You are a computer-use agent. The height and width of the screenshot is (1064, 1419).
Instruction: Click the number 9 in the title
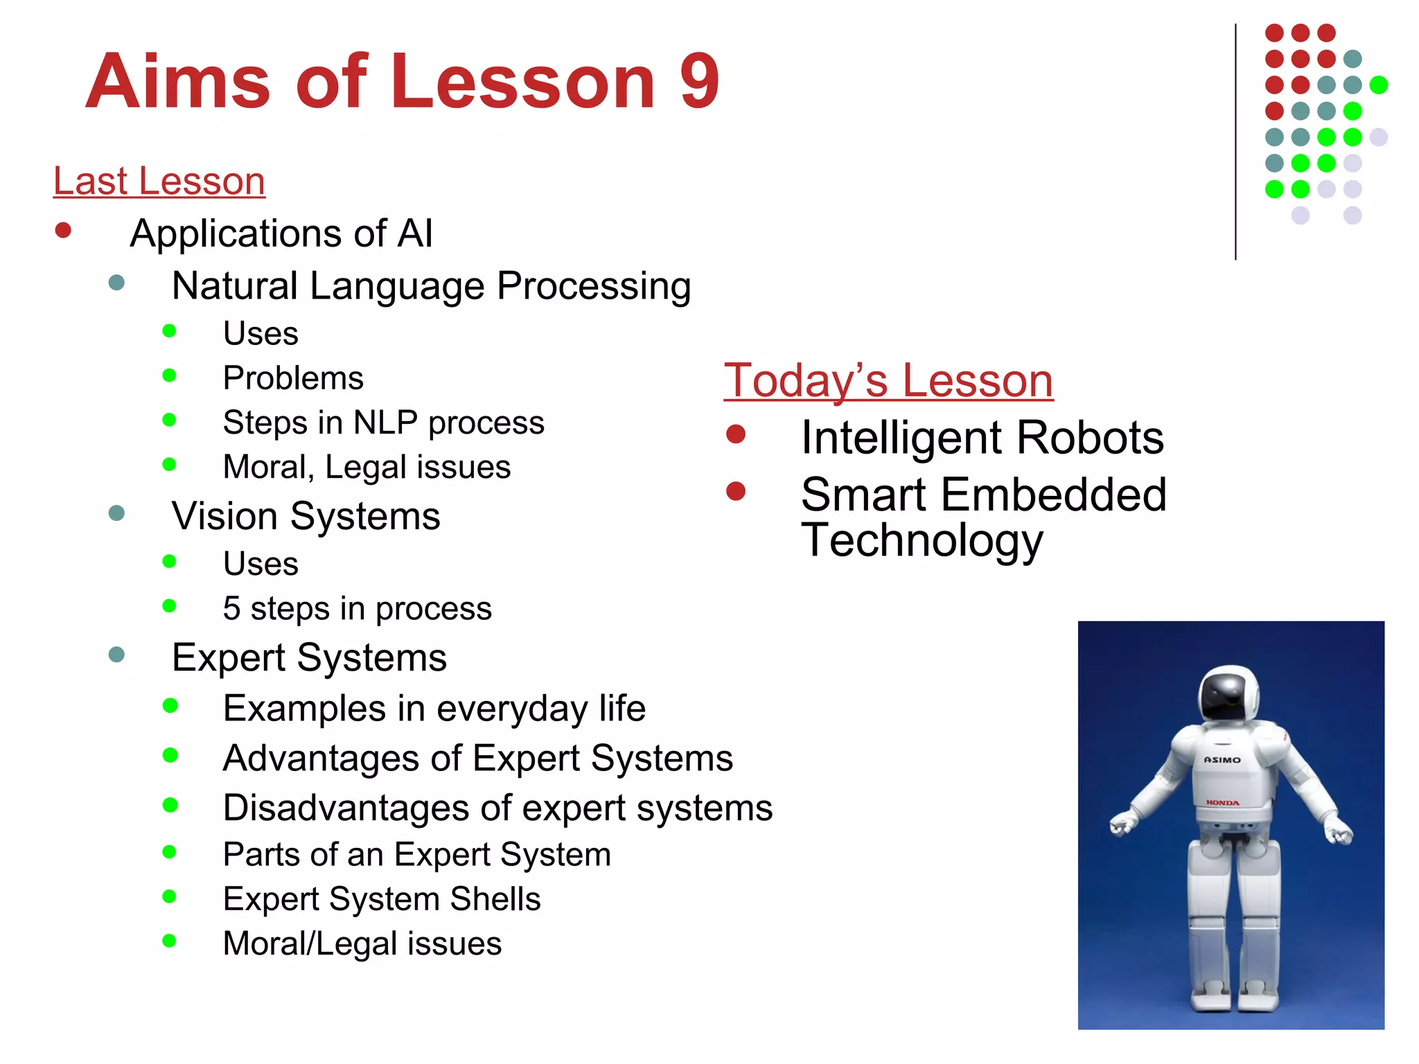pos(699,82)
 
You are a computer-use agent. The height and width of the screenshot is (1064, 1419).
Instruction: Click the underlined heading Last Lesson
pos(159,181)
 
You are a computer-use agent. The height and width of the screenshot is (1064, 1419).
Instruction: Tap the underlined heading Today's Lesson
pos(888,380)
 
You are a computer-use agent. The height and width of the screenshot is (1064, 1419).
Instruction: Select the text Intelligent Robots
pos(982,438)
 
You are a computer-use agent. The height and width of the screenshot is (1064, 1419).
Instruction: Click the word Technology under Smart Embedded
pos(922,540)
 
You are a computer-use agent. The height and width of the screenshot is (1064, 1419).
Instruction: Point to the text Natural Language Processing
pos(431,286)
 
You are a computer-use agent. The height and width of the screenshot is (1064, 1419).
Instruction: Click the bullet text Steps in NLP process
pos(383,423)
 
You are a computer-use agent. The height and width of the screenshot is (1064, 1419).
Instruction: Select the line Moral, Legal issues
pos(367,467)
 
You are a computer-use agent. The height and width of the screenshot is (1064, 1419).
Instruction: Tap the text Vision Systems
pos(306,516)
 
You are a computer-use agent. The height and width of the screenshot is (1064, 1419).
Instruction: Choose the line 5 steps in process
pos(357,609)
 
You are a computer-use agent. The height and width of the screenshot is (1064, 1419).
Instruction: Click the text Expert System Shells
pos(381,899)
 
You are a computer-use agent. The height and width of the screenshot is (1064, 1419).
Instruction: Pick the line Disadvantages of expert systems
pos(497,808)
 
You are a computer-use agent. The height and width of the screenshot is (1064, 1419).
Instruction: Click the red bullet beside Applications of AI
pos(63,231)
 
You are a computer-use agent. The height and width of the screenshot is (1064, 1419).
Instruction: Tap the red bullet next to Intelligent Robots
pos(736,434)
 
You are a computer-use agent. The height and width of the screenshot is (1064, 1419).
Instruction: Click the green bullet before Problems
pos(169,375)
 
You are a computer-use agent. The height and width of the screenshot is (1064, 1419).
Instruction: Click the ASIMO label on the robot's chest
pos(1222,760)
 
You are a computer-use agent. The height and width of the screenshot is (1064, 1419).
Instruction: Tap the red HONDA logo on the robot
pos(1222,803)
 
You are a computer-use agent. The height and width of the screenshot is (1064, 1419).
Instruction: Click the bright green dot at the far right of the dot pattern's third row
pos(1379,85)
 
